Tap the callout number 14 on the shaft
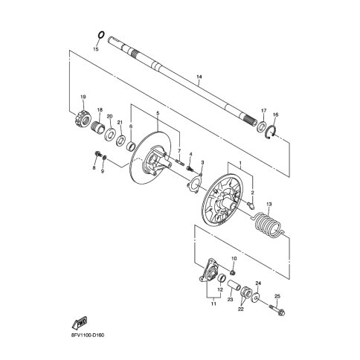(199, 77)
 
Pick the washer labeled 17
(261, 126)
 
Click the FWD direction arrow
(80, 323)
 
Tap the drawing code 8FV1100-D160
(87, 335)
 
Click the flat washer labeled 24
(255, 298)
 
